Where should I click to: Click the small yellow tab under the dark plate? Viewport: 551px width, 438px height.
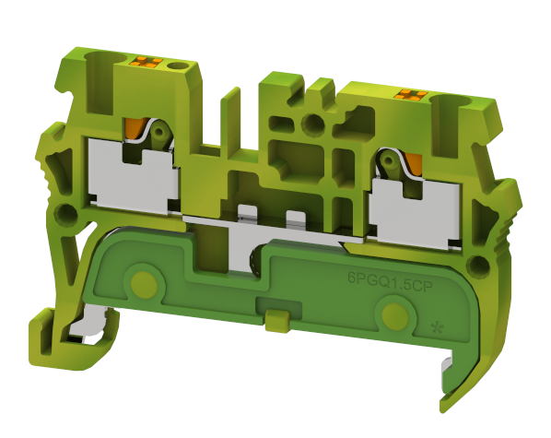pos(274,321)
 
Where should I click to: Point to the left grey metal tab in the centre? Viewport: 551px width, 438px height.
pos(246,214)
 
